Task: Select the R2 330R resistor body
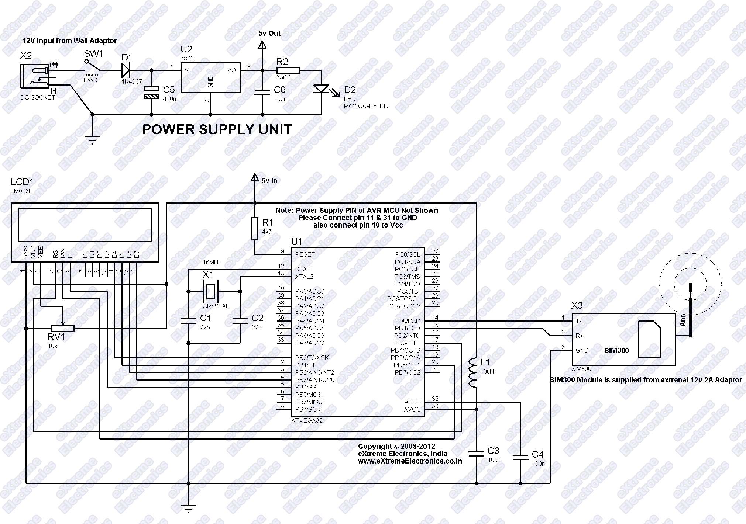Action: pyautogui.click(x=288, y=70)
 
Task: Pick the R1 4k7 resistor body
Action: pyautogui.click(x=255, y=229)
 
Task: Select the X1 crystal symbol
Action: pyautogui.click(x=210, y=291)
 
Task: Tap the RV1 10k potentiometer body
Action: pyautogui.click(x=63, y=328)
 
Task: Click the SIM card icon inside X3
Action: pyautogui.click(x=650, y=339)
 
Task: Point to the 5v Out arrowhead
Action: pyautogui.click(x=262, y=45)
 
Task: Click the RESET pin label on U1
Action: pyautogui.click(x=305, y=254)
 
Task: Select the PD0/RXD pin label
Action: pyautogui.click(x=407, y=321)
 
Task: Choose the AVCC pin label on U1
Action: pyautogui.click(x=412, y=409)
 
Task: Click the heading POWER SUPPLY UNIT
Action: pyautogui.click(x=217, y=129)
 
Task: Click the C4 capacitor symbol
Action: pyautogui.click(x=520, y=457)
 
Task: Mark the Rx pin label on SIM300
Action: pyautogui.click(x=579, y=336)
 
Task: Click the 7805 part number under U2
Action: pyautogui.click(x=187, y=58)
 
